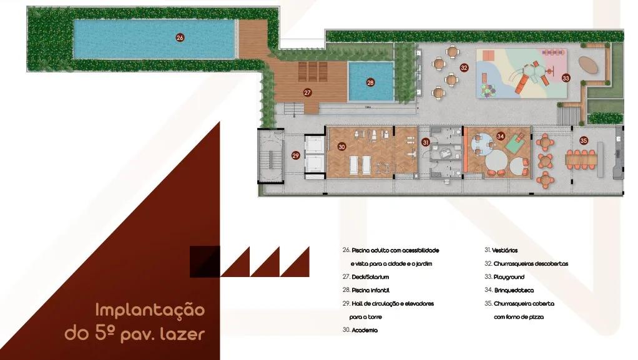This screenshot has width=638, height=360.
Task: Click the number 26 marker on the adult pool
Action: pos(180,37)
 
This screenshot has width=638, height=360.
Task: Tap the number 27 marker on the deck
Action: pos(307,93)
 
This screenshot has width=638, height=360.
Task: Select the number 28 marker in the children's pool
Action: pos(370,82)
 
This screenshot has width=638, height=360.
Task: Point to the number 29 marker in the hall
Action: pos(296,155)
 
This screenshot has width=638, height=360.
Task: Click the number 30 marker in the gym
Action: pos(342,147)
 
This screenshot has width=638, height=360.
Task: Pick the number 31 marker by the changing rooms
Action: pos(426,142)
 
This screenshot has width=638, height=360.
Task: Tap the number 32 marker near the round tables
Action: pos(464,68)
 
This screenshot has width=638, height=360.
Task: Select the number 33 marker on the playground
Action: pos(566,78)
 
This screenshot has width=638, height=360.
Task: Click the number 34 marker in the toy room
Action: pos(501,136)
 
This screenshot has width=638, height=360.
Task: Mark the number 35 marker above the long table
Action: pos(584,141)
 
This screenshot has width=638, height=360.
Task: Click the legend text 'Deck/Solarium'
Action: pos(370,277)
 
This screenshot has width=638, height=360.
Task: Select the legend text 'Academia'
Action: pos(365,330)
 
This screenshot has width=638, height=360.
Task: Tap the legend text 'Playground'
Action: pos(509,277)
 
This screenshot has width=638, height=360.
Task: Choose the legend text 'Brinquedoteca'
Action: pos(514,291)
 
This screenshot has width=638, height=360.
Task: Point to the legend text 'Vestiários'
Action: pos(505,251)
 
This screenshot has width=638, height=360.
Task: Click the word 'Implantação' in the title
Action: pos(150,310)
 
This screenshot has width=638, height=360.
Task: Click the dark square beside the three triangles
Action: pos(205,261)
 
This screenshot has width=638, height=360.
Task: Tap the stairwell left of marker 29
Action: pos(271,156)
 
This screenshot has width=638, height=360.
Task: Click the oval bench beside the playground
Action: pos(589,66)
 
